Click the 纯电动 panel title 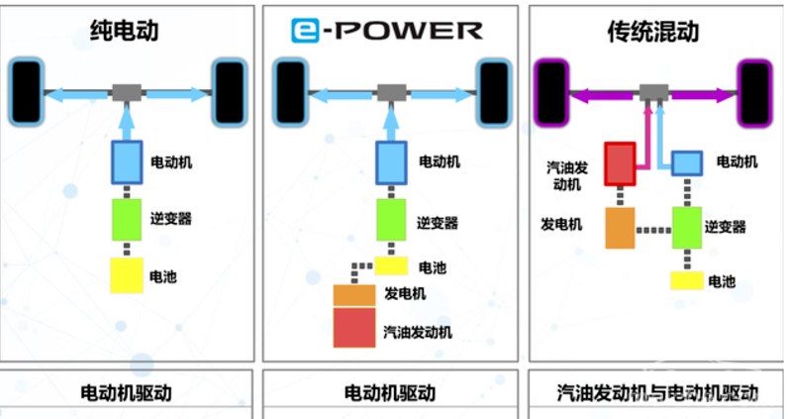coord(124,30)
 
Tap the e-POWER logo coord(387,30)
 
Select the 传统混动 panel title coord(652,31)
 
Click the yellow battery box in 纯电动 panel coord(127,275)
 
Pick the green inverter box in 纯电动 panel coord(126,220)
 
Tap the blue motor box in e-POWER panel coord(391,163)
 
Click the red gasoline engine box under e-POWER coord(354,328)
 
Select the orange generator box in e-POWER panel coord(354,296)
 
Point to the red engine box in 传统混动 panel coord(620,164)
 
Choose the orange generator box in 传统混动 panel coord(620,228)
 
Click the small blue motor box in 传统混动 coord(687,163)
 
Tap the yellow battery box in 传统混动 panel coord(687,280)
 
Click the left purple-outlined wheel coord(551,93)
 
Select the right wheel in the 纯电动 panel coord(230,92)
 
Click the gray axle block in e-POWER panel coord(391,93)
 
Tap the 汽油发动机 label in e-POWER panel coord(418,332)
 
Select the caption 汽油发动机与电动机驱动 coord(657,392)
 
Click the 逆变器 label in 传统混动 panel coord(725,227)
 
